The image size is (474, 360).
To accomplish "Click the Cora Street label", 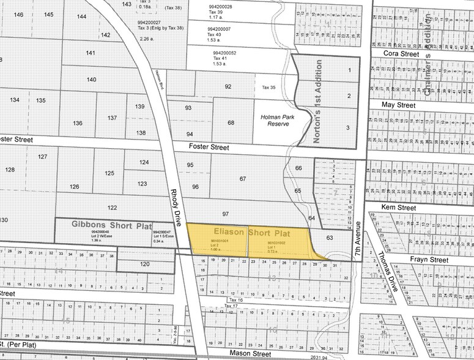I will (x=401, y=54).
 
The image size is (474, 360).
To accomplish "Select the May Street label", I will (x=398, y=105).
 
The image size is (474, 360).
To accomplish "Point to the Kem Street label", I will (x=398, y=208).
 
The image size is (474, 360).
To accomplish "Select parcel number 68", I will (x=231, y=123).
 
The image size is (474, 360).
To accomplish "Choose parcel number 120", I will (x=144, y=264).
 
